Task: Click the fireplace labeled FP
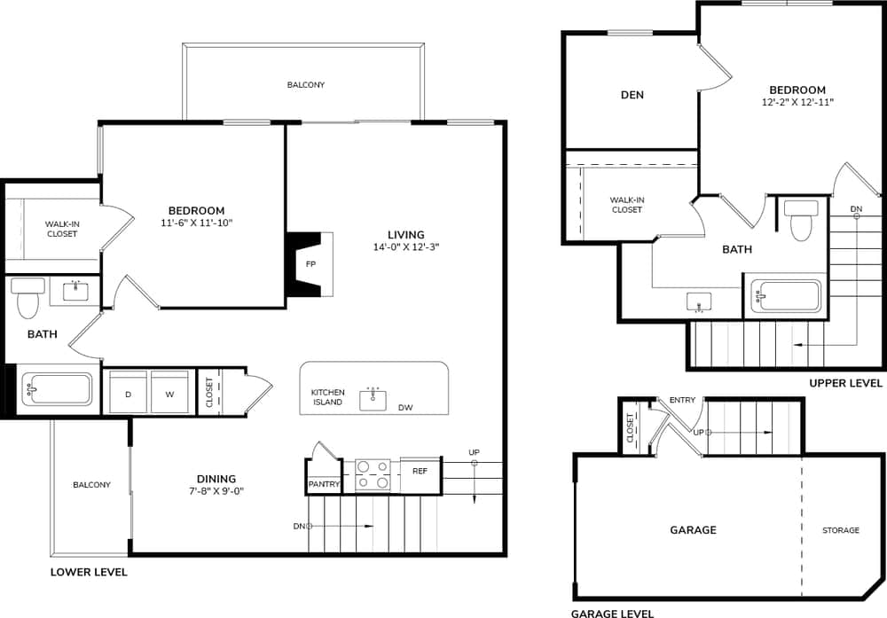(310, 264)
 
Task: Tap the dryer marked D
(128, 393)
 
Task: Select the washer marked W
(169, 393)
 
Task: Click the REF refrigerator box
(420, 471)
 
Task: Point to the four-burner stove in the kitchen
(373, 474)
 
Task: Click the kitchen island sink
(373, 399)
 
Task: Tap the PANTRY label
(324, 484)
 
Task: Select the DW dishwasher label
(405, 408)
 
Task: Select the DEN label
(632, 95)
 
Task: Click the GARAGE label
(693, 530)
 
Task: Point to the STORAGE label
(840, 530)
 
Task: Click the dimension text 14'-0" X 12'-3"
(406, 247)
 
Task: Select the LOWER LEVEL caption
(89, 572)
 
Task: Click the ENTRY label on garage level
(682, 400)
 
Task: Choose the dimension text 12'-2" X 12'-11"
(797, 102)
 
